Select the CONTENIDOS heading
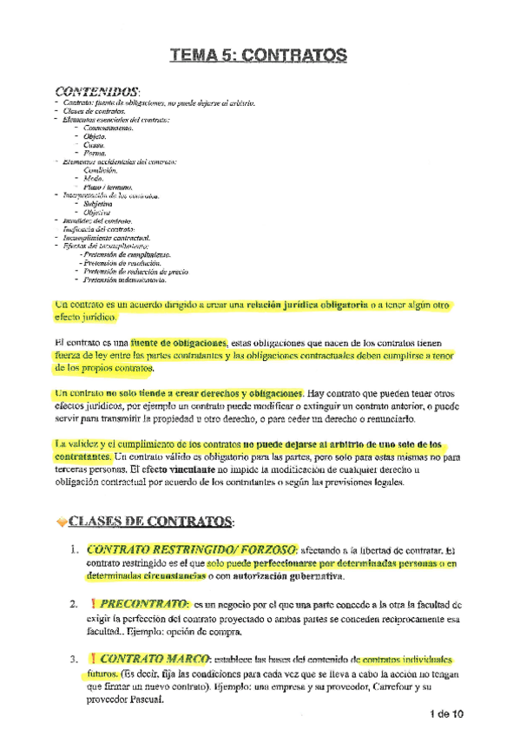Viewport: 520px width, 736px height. [x=95, y=91]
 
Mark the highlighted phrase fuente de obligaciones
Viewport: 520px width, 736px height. [x=181, y=341]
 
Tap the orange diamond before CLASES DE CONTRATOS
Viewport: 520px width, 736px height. [x=61, y=521]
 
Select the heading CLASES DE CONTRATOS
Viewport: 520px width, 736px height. [x=148, y=521]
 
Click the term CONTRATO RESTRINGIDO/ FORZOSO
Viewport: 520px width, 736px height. [x=190, y=550]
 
